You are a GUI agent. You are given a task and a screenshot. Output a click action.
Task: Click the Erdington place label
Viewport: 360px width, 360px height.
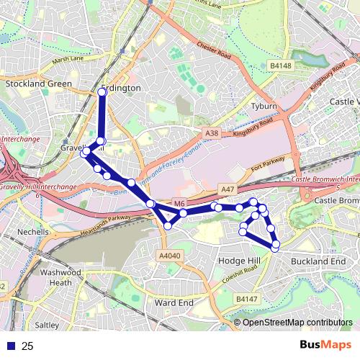point(120,87)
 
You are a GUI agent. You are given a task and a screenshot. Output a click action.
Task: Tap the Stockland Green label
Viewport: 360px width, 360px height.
point(39,84)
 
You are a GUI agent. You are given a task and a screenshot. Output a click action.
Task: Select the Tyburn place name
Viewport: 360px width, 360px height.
point(264,106)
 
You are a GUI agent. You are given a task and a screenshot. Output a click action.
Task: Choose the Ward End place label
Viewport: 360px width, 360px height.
point(174,303)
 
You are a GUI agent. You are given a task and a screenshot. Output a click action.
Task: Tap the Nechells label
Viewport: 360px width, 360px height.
point(34,233)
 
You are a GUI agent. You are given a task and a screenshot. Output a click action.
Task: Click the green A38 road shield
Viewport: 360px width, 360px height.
point(211,133)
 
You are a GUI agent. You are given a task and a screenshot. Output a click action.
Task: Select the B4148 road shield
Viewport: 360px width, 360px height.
point(281,66)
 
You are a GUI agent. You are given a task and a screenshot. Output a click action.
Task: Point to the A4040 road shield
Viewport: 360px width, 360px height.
point(170,256)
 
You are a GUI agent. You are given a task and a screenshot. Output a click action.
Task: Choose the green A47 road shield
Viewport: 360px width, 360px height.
point(228,189)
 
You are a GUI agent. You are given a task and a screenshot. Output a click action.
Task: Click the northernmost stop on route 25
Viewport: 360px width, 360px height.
point(102,92)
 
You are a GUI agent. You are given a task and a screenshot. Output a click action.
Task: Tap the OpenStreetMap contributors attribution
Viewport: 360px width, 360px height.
point(297,323)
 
